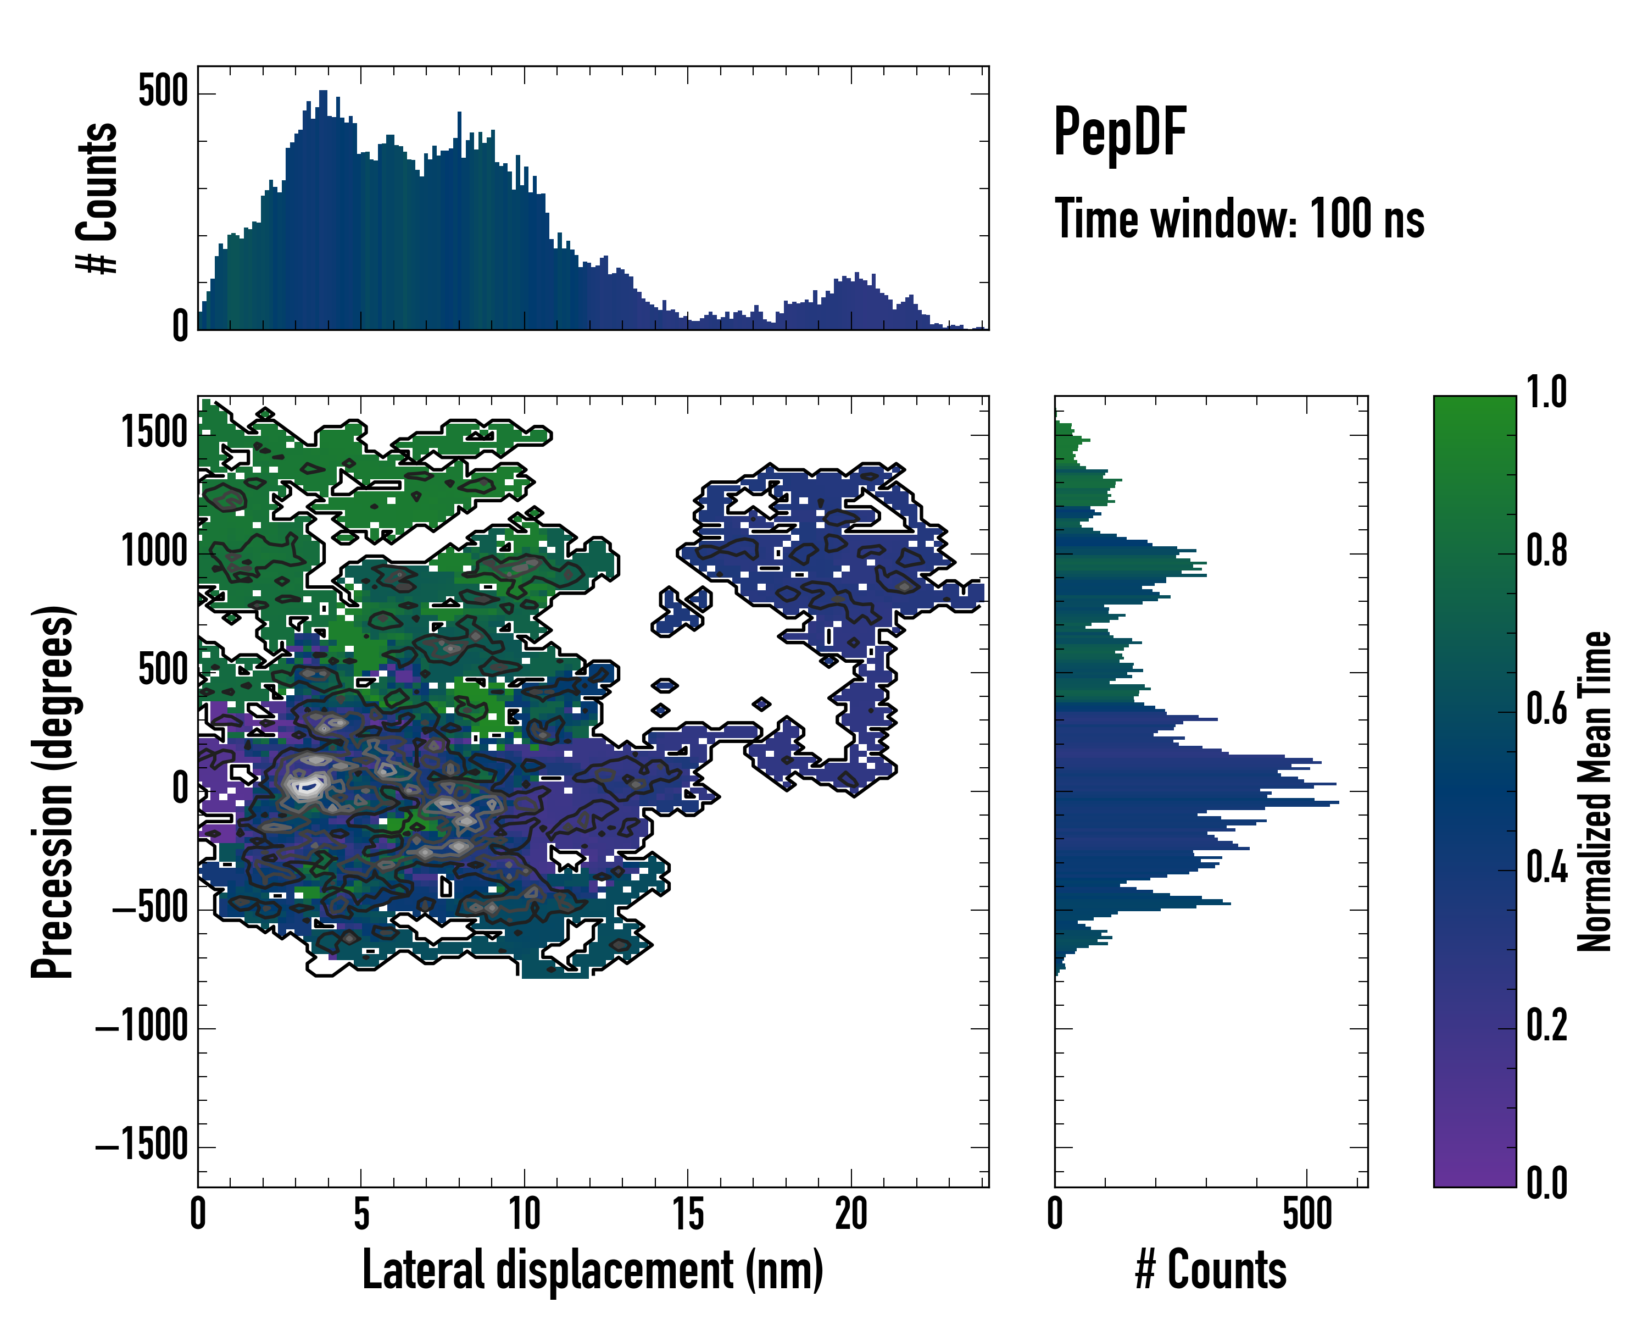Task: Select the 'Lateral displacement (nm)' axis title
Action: [x=592, y=1270]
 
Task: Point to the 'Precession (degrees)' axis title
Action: [x=53, y=791]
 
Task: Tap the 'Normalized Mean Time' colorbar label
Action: [x=1595, y=791]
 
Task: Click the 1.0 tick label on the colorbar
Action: [x=1546, y=392]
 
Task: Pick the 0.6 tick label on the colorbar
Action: [x=1546, y=709]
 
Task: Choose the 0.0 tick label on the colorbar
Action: [x=1546, y=1183]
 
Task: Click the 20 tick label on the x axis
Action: [x=851, y=1214]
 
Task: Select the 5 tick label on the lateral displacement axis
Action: [x=361, y=1214]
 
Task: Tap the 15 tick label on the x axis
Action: [x=687, y=1214]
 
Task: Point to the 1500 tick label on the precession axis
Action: [x=155, y=434]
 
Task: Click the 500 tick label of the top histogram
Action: [x=163, y=92]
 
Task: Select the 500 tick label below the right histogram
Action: [x=1307, y=1214]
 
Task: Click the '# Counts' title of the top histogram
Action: [x=97, y=198]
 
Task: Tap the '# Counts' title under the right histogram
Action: [x=1211, y=1270]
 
